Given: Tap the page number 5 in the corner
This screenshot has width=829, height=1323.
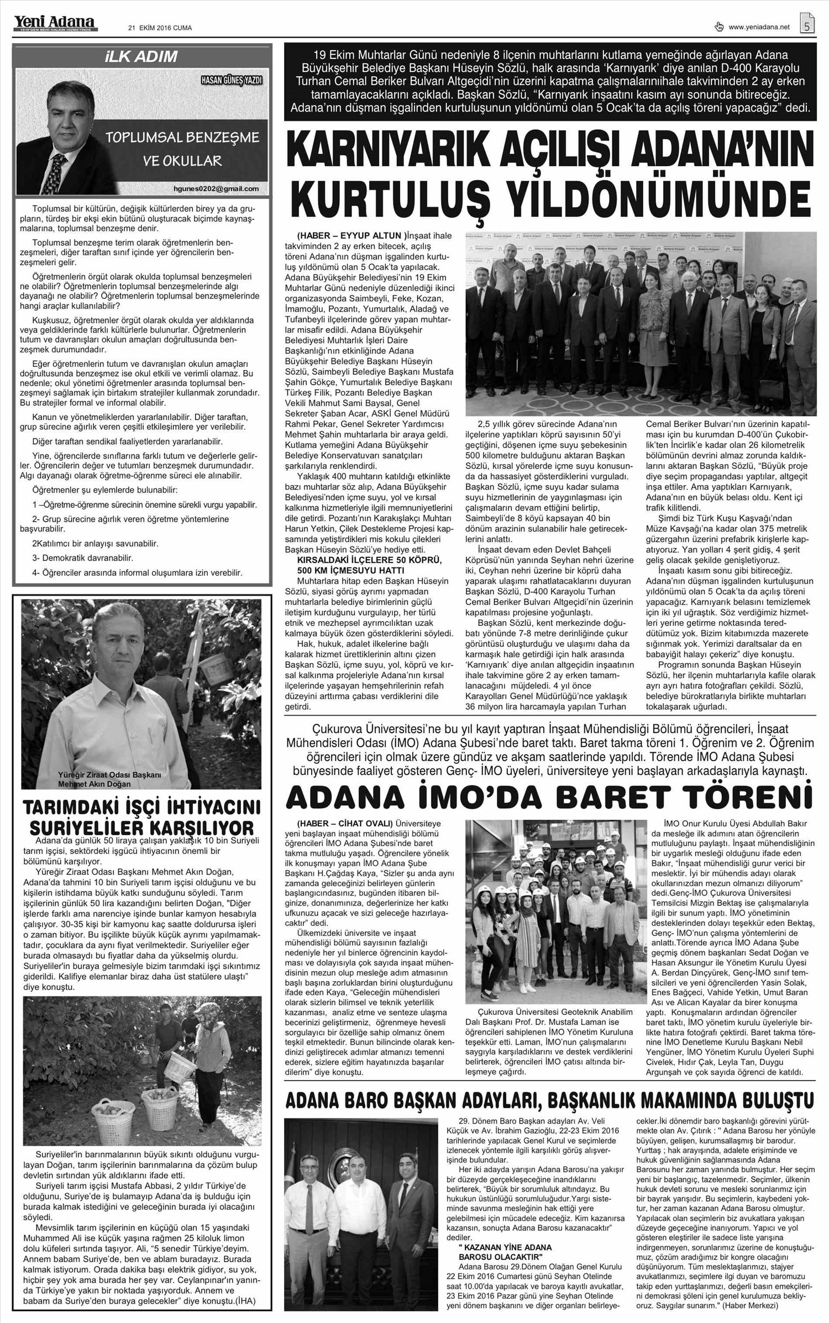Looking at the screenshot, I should [x=808, y=25].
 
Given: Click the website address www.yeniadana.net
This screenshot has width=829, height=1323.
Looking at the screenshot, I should [x=759, y=27].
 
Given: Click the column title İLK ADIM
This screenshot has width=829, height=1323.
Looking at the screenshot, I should [x=143, y=56].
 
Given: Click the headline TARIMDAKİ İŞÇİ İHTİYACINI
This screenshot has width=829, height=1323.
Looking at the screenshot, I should [x=141, y=809].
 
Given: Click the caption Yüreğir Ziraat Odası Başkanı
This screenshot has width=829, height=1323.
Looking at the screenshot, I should [x=109, y=775].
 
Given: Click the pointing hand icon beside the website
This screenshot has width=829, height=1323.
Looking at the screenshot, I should [x=719, y=27].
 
